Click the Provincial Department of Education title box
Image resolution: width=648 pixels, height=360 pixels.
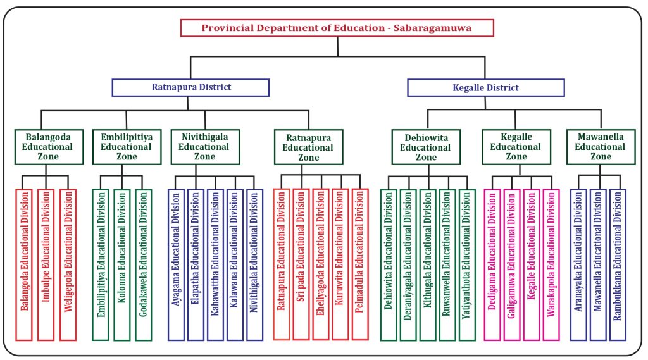337,28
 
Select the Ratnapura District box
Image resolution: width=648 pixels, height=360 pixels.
190,87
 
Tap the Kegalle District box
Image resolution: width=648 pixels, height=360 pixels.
485,87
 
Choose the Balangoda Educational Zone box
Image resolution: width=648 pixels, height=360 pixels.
49,147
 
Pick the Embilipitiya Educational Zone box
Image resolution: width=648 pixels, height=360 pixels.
126,147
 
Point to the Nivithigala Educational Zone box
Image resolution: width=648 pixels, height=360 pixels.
204,147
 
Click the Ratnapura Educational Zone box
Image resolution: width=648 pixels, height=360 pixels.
308,147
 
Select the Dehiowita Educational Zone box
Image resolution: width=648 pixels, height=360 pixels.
425,147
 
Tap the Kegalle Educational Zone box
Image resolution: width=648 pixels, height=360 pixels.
516,147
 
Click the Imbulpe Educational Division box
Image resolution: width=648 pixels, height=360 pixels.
46,264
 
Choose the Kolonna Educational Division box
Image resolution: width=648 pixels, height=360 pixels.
123,264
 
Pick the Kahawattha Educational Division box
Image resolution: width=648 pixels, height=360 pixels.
215,264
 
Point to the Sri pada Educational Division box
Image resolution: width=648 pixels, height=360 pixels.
301,264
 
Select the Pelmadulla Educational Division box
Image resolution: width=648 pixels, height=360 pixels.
359,264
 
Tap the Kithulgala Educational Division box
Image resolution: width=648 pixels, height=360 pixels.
428,264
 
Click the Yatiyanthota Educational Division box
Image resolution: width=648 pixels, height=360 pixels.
467,264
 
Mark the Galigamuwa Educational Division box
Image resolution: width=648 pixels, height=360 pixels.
512,264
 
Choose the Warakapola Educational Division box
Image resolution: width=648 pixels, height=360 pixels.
551,264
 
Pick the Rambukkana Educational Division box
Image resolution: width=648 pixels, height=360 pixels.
618,264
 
